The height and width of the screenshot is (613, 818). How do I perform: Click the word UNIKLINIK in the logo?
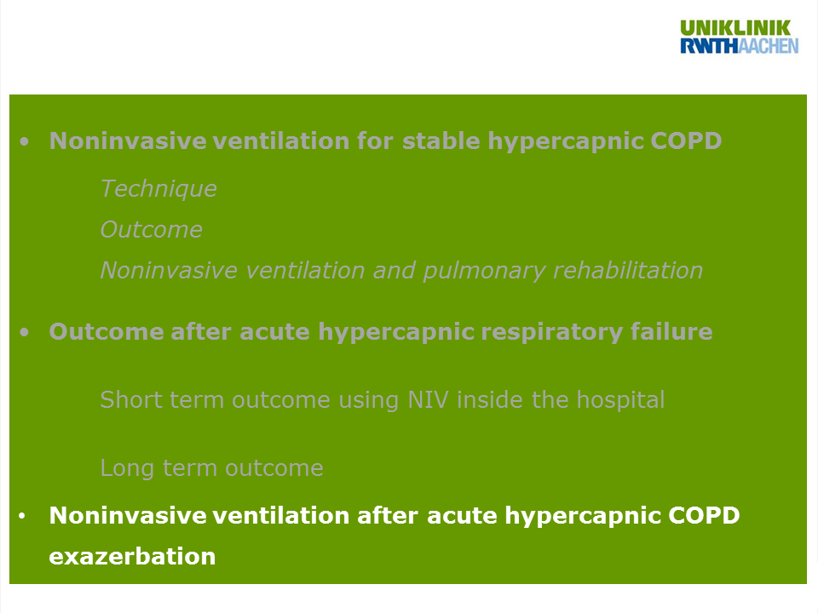pyautogui.click(x=735, y=28)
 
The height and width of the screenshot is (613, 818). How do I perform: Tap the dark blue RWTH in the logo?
pyautogui.click(x=709, y=46)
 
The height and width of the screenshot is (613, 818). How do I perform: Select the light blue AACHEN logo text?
pyautogui.click(x=769, y=46)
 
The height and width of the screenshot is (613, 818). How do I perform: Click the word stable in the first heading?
pyautogui.click(x=441, y=140)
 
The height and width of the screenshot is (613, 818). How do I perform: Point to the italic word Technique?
pyautogui.click(x=158, y=189)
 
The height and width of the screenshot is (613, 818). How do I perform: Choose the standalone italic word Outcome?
pyautogui.click(x=152, y=230)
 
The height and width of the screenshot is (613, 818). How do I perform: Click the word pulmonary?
pyautogui.click(x=484, y=271)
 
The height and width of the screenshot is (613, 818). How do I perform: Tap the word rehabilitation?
pyautogui.click(x=628, y=270)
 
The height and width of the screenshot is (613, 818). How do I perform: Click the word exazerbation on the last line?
pyautogui.click(x=132, y=557)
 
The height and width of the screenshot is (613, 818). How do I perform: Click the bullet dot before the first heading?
pyautogui.click(x=24, y=141)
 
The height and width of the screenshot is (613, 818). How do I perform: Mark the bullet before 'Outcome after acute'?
pyautogui.click(x=24, y=332)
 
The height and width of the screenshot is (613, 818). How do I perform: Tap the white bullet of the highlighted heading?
pyautogui.click(x=22, y=516)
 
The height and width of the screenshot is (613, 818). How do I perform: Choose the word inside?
pyautogui.click(x=490, y=400)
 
